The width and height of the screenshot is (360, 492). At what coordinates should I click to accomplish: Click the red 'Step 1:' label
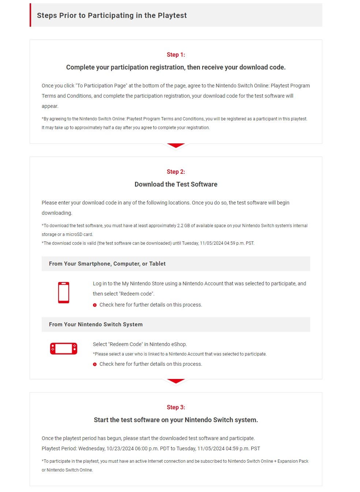coord(176,55)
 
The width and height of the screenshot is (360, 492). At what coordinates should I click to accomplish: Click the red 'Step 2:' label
coord(176,172)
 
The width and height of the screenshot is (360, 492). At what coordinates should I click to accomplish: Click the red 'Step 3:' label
coord(176,407)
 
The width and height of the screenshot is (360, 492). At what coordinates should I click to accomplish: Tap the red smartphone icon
coord(64,292)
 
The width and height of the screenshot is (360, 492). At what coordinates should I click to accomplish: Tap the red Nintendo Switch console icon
coord(64,349)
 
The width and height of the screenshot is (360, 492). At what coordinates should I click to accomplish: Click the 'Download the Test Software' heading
coord(176,184)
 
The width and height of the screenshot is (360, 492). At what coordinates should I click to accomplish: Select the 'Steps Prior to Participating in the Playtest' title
coord(112,15)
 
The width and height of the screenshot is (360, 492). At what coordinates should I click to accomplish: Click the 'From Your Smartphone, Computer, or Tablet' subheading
coord(107,264)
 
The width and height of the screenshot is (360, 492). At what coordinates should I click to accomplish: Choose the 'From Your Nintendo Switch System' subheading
coord(96,324)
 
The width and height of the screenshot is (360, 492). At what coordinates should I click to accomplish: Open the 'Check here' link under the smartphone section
coord(150,305)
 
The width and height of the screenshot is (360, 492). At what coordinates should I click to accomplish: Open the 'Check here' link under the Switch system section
coord(150,364)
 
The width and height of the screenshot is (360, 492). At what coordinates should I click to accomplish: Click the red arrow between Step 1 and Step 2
coord(176,146)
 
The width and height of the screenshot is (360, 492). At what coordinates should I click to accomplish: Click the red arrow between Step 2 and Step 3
coord(176,381)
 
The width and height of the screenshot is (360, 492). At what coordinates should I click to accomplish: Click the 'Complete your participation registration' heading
coord(176,67)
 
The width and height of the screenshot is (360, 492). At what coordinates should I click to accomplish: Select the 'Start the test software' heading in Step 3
coord(176,420)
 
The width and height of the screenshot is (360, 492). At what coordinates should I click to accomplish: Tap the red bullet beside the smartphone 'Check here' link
coord(95,305)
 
